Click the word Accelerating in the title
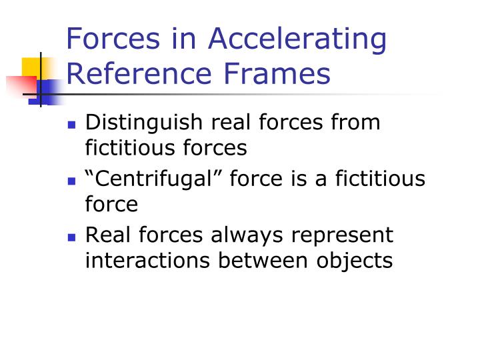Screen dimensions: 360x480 click(297, 39)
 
